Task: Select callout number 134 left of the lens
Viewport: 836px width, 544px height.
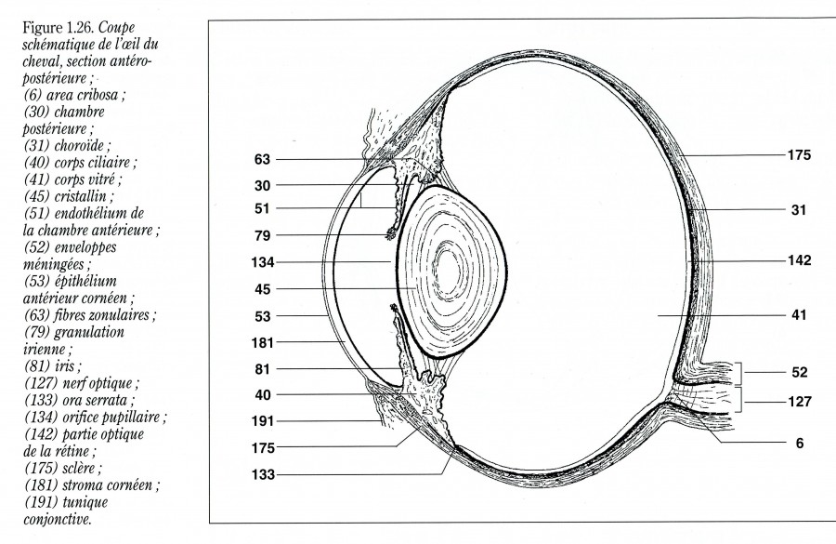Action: coord(261,263)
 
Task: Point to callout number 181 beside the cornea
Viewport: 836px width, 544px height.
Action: coord(261,343)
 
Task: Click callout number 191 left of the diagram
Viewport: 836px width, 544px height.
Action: coord(261,421)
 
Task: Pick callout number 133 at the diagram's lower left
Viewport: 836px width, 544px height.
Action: coord(261,474)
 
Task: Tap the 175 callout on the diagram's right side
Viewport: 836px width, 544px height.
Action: coord(798,155)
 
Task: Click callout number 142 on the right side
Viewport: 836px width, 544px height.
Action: coord(798,261)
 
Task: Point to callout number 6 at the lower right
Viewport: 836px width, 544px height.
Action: coord(798,444)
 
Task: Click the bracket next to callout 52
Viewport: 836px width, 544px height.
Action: coord(740,372)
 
